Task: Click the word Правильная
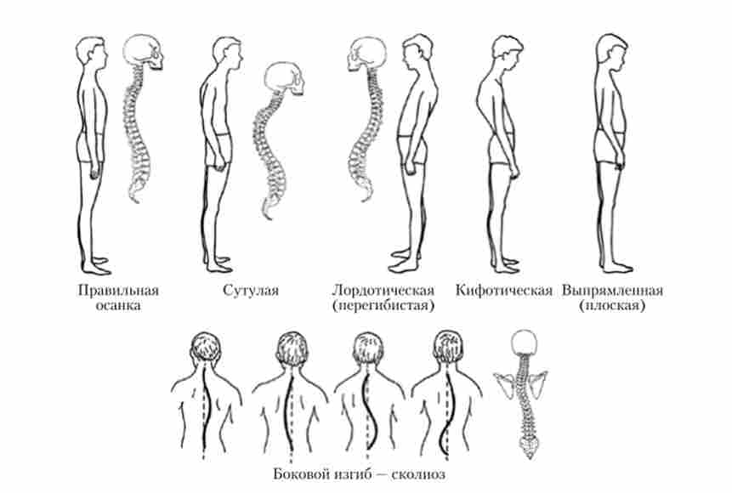(x=118, y=291)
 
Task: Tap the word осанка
(x=118, y=306)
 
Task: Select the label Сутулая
(x=251, y=291)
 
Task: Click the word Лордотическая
(x=383, y=291)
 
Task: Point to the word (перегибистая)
(x=383, y=306)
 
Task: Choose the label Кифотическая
(x=503, y=291)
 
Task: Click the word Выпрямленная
(x=612, y=291)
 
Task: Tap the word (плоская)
(x=612, y=306)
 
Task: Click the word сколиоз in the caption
(x=417, y=474)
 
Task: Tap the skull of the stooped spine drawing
(x=284, y=79)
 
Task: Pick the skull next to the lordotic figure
(x=366, y=54)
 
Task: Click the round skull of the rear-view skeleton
(x=525, y=343)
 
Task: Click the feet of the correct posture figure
(x=96, y=265)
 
